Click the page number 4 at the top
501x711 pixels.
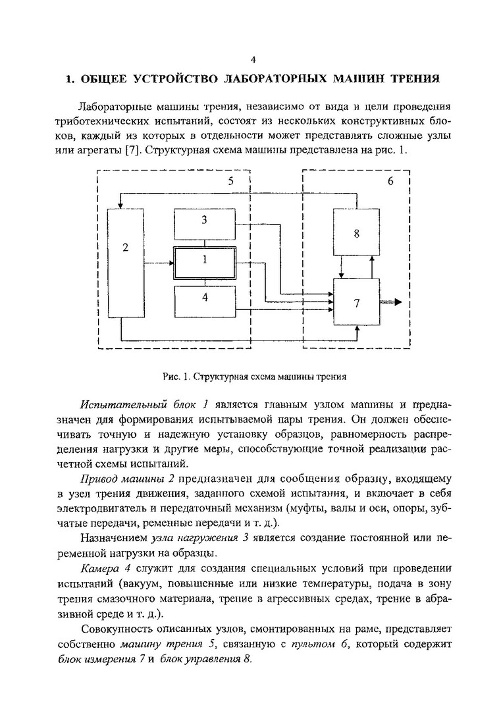[253, 60]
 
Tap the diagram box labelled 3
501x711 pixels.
[205, 221]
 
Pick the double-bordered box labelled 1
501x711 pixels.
[205, 260]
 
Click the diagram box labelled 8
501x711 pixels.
[356, 232]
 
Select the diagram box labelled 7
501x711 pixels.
[356, 302]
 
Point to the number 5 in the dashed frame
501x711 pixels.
[230, 181]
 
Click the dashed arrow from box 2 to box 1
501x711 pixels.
[158, 263]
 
